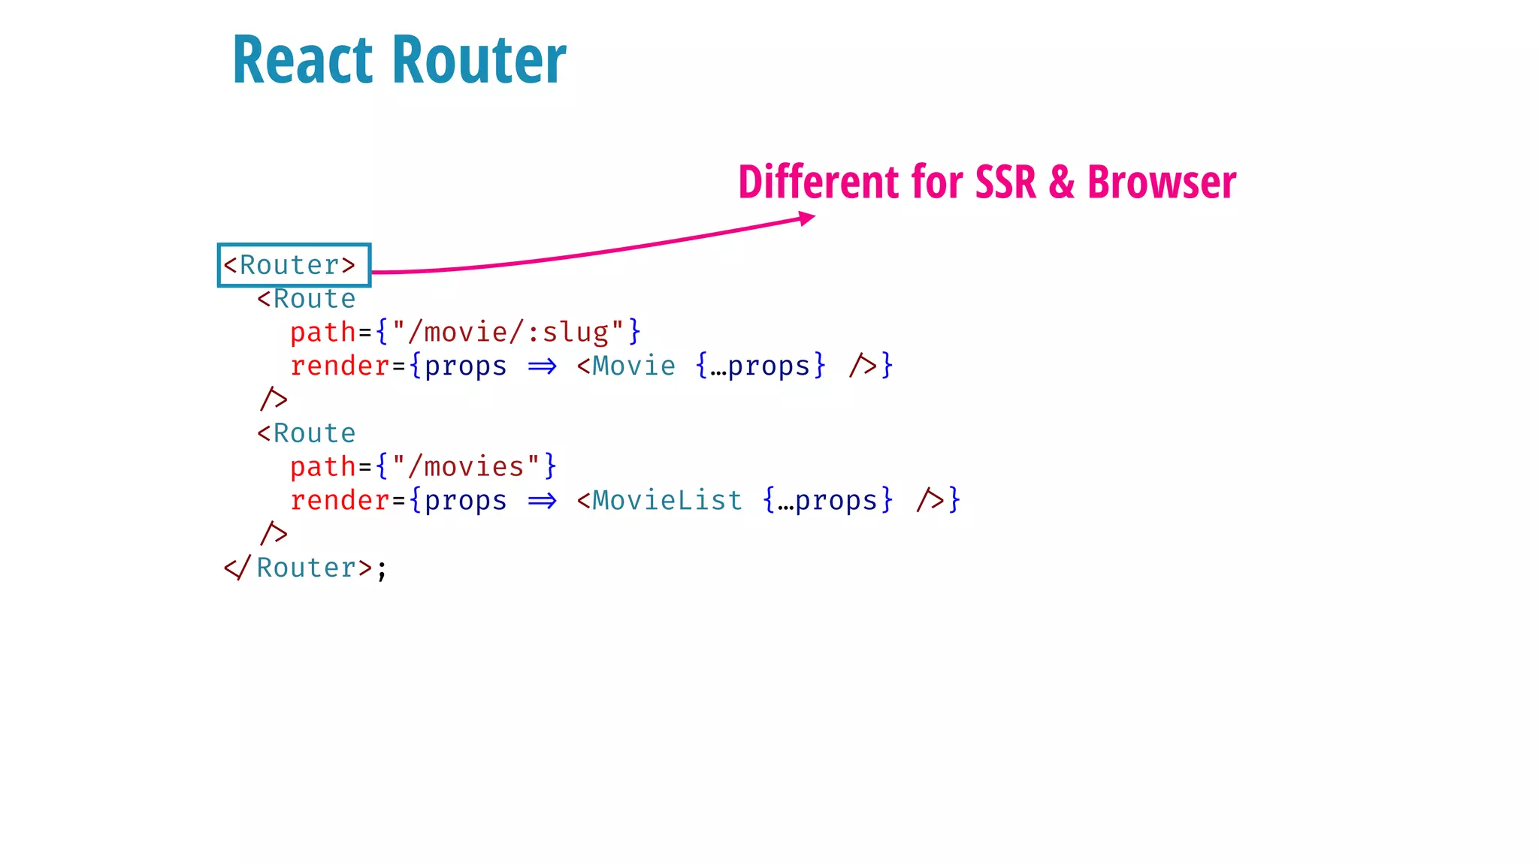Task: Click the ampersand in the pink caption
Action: tap(1061, 182)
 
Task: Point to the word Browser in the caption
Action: tap(1161, 182)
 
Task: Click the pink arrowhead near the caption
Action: tap(807, 219)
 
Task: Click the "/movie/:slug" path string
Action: tap(508, 331)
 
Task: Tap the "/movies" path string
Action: tap(466, 466)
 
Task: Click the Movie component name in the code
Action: tap(633, 366)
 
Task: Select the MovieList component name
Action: tap(667, 500)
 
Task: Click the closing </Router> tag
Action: tap(298, 568)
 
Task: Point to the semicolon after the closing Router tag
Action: tap(382, 569)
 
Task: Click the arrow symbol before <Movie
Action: tap(542, 366)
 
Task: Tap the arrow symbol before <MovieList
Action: tap(542, 501)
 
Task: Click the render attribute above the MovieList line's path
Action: tap(340, 366)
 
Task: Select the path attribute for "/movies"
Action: tap(323, 467)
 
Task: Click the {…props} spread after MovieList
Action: tap(827, 500)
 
